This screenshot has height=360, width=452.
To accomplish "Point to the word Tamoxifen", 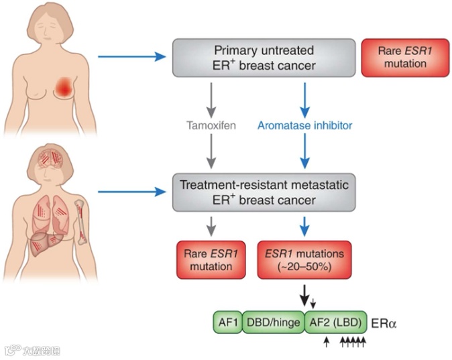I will [211, 125].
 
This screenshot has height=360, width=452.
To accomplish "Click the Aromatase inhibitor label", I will [305, 125].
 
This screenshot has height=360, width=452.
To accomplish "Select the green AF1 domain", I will [227, 322].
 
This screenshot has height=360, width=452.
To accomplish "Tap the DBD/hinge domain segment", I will [273, 322].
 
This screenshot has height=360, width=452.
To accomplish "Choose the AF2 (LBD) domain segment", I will [335, 322].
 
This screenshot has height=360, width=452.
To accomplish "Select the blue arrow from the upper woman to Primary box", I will [131, 56].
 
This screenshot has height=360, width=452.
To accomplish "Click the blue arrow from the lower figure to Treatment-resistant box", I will [131, 191].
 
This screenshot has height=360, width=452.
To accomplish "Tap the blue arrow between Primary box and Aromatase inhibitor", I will [304, 97].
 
